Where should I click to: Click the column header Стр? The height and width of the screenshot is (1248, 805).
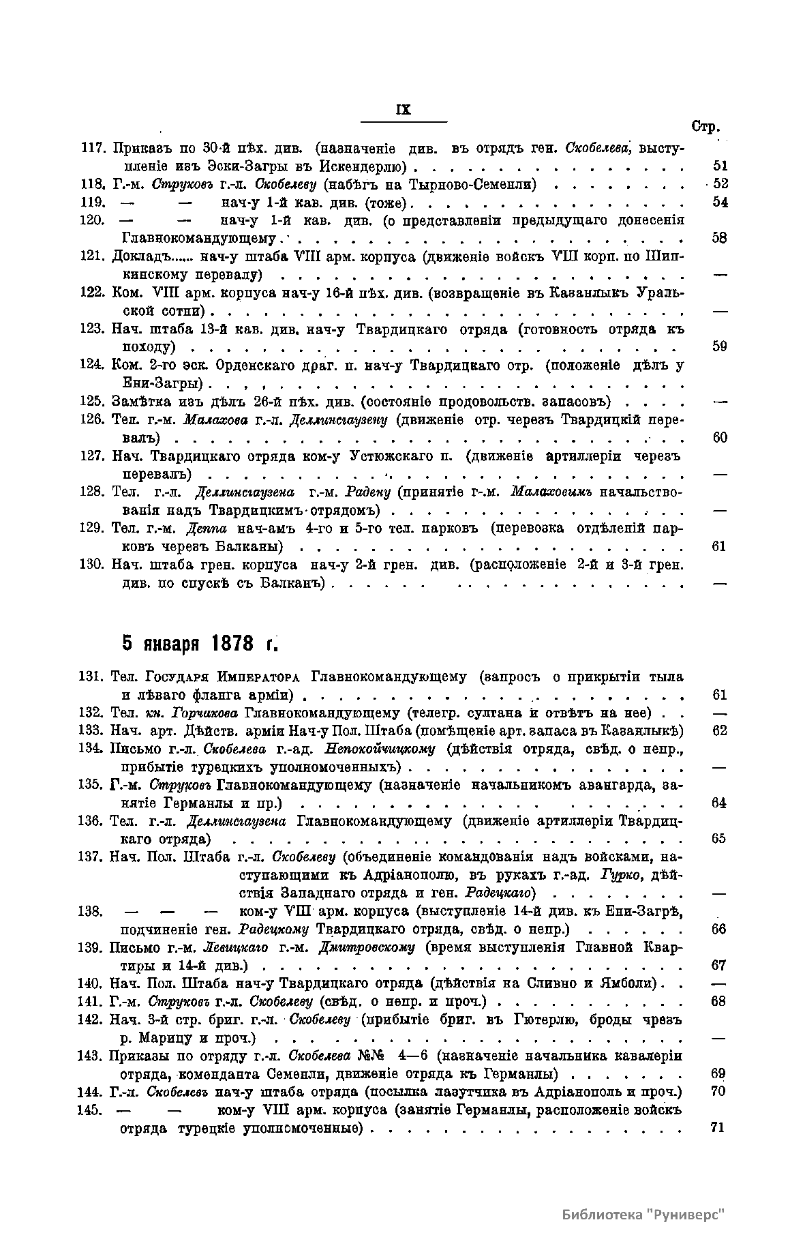[705, 127]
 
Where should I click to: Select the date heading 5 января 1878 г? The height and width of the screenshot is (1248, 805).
[201, 643]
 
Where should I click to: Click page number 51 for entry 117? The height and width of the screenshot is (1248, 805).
[720, 166]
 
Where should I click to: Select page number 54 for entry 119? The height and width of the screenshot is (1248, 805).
[720, 202]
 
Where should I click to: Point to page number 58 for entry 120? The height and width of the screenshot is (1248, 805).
[720, 238]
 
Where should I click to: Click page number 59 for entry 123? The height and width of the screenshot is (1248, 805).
[720, 346]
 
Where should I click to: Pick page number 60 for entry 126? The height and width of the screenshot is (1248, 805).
[720, 437]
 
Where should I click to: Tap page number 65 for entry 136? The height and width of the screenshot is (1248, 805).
[718, 839]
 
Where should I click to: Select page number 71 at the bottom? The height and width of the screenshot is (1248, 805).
[716, 1127]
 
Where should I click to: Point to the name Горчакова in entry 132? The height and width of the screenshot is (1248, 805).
[204, 713]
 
